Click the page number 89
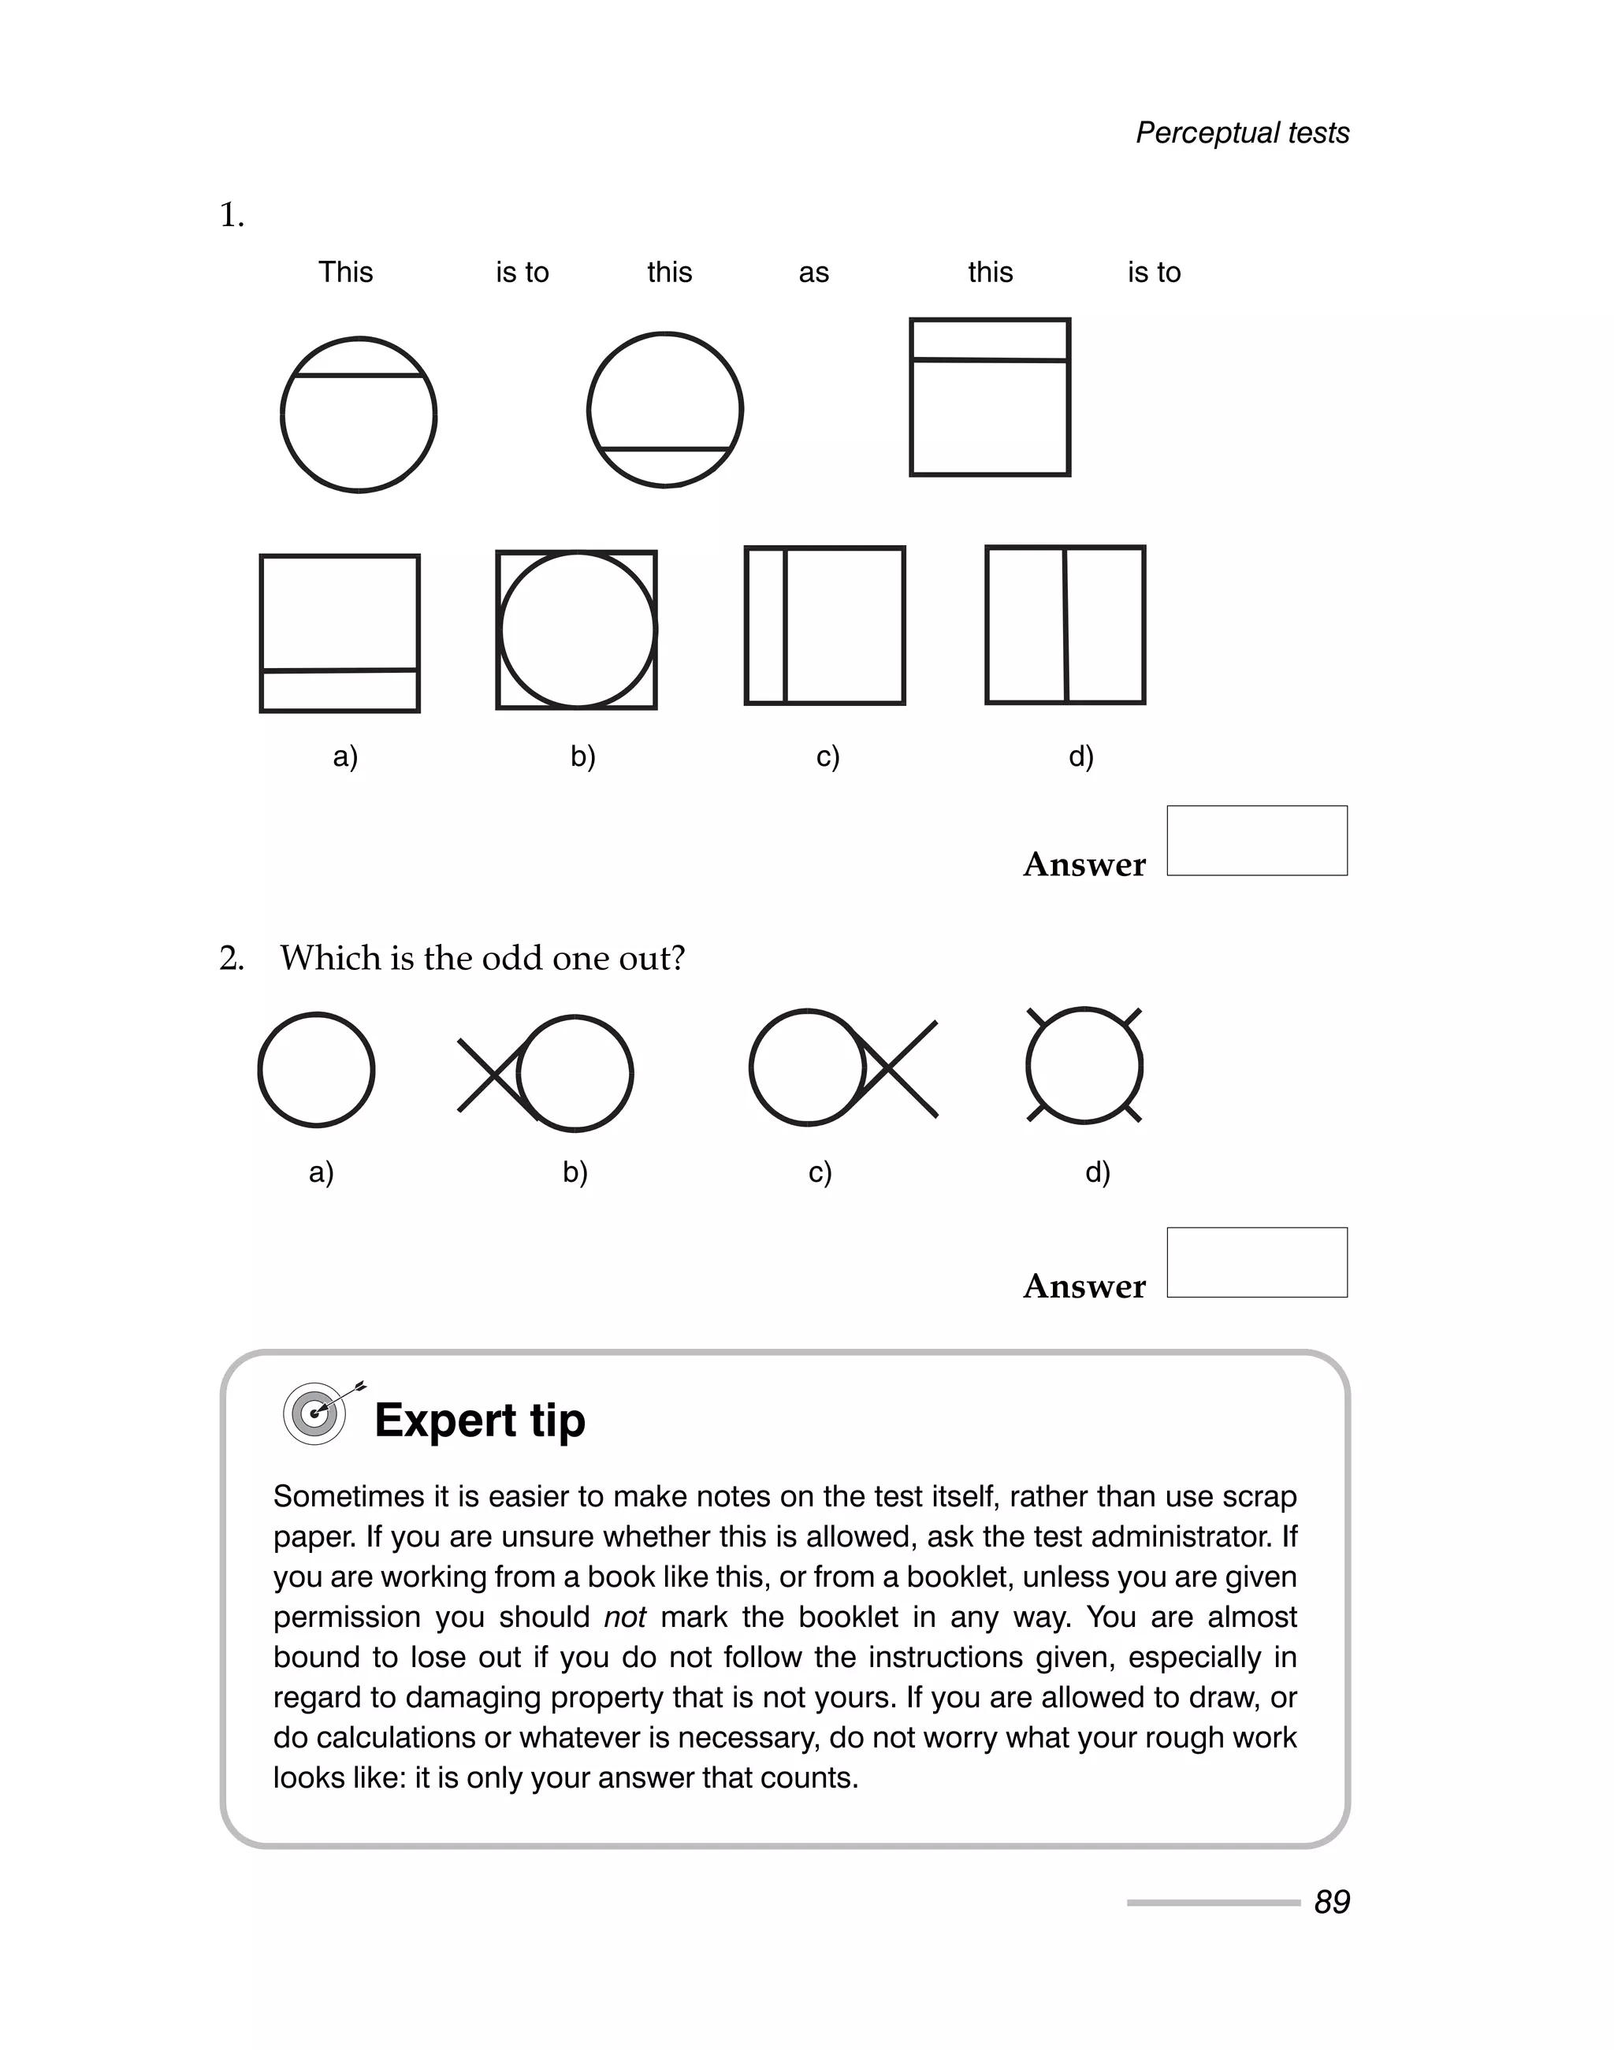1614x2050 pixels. [1331, 1901]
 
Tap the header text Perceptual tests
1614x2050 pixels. [1242, 133]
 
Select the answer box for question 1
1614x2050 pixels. [1256, 840]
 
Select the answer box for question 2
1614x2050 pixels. [1256, 1262]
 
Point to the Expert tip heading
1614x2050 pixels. [479, 1420]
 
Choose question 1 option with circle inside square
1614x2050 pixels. [576, 630]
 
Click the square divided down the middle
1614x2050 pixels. [1065, 625]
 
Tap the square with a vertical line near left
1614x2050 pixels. [824, 626]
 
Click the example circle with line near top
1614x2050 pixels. [358, 414]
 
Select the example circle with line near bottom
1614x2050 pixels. [665, 410]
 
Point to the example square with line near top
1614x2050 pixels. [989, 397]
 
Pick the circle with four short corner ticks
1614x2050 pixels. [1084, 1066]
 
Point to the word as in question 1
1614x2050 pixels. [813, 273]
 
